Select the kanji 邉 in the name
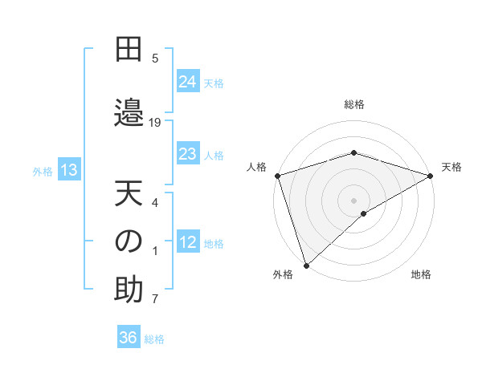click(x=129, y=110)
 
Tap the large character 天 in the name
click(x=129, y=195)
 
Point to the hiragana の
click(x=129, y=241)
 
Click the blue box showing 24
click(x=188, y=81)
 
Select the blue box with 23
click(x=188, y=154)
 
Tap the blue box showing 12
click(x=188, y=242)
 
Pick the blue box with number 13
click(x=69, y=169)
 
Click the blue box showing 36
click(x=129, y=338)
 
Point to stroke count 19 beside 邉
click(x=155, y=122)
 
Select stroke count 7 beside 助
click(x=155, y=300)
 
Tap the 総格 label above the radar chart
click(x=353, y=104)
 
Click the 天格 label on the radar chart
click(x=451, y=167)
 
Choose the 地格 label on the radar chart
click(x=421, y=274)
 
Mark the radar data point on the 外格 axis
click(x=305, y=265)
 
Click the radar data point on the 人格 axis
click(x=276, y=175)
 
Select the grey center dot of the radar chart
click(x=353, y=200)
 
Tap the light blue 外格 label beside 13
click(x=43, y=170)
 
